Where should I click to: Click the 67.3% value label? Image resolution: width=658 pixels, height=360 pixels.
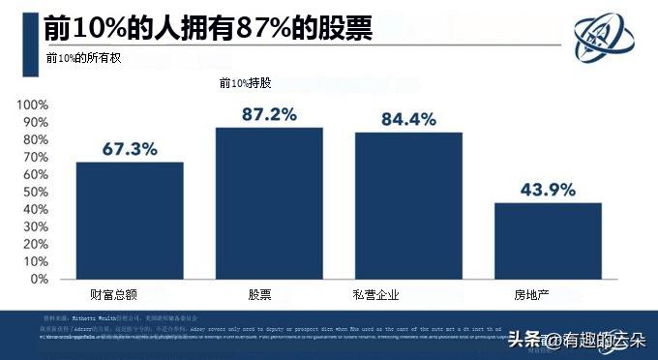point(130,149)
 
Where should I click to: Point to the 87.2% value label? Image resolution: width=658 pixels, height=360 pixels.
point(269,114)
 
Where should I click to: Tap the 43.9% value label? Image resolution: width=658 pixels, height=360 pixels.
point(548,189)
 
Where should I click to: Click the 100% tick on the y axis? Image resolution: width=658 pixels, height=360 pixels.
point(31,105)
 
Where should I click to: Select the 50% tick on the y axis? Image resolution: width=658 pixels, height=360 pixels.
point(34,192)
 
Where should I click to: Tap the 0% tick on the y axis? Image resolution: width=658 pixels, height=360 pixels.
point(38,279)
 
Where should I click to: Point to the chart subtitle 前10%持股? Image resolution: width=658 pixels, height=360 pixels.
point(246,84)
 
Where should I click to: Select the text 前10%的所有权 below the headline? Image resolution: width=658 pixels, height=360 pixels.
point(84,58)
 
